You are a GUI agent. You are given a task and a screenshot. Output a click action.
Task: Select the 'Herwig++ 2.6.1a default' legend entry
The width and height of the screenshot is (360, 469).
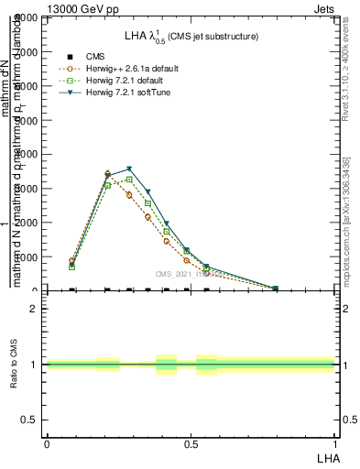point(126,69)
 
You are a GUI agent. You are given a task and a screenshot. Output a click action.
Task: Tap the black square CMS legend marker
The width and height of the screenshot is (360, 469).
point(70,57)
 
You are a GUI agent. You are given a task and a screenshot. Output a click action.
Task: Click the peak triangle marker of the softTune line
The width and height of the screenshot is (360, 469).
point(130,169)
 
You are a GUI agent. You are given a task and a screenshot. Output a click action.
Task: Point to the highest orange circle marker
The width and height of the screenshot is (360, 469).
point(108,173)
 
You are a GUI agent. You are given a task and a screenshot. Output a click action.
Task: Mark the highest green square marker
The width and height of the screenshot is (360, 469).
point(129,180)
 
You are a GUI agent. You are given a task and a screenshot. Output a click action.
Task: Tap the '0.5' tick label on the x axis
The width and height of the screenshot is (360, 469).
point(191,442)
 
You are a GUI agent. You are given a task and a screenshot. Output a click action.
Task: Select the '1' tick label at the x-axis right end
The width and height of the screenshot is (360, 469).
point(334,442)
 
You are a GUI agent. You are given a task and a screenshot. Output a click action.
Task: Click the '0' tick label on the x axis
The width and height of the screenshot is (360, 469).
point(46,442)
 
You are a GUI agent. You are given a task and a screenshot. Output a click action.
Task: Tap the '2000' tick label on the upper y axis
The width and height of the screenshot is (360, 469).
point(26,223)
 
